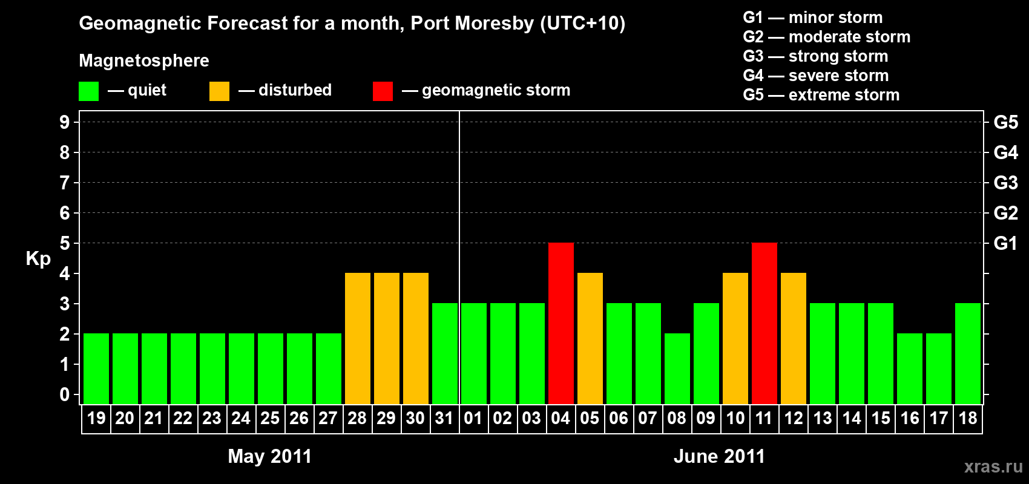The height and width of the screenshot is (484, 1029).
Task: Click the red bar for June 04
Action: coord(561,323)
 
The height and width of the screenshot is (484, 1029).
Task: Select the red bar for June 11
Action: coord(764,323)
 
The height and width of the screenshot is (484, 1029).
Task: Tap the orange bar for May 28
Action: coord(358,338)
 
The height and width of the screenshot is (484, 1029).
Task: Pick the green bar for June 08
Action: coord(677,368)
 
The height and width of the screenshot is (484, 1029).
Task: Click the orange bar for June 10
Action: coord(735,338)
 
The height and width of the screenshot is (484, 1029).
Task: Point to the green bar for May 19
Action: coord(96,368)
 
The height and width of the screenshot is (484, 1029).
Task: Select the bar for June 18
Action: coord(968,353)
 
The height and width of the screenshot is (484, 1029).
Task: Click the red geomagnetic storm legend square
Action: coord(383,91)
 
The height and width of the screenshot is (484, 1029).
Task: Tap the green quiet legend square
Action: coord(89,91)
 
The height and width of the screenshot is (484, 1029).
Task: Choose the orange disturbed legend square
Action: coord(219,91)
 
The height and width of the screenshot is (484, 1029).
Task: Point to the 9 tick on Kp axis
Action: coord(65,122)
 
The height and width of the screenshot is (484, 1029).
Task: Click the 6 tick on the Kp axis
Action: coord(65,213)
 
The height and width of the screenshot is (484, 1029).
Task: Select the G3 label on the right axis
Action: coord(1005,183)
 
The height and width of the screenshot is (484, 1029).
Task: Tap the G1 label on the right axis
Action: coord(1005,243)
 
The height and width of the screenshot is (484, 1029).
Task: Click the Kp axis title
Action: coord(38,259)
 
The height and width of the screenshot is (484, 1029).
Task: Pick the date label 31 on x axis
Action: coord(444,418)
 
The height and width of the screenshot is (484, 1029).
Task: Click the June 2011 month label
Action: coord(719,456)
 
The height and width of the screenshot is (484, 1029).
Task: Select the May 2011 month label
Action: coord(270,456)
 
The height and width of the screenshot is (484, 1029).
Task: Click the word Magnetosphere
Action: coord(144,60)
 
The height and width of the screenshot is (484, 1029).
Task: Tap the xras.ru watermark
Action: coord(993,466)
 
